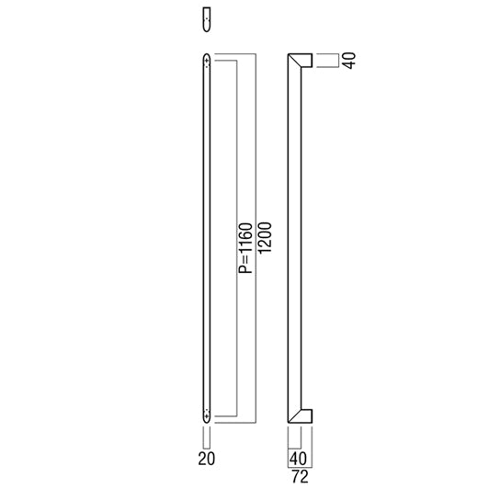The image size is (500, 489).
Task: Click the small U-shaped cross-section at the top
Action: (x=207, y=20)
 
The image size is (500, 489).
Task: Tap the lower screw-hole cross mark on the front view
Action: (x=207, y=416)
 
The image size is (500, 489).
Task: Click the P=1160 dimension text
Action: (x=245, y=248)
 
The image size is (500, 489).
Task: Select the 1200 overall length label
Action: (x=265, y=238)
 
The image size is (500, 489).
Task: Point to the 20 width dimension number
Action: (x=206, y=459)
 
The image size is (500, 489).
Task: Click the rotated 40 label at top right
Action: (x=350, y=61)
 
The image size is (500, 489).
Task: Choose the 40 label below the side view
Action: (x=298, y=459)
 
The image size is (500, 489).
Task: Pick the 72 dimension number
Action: (x=300, y=476)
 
